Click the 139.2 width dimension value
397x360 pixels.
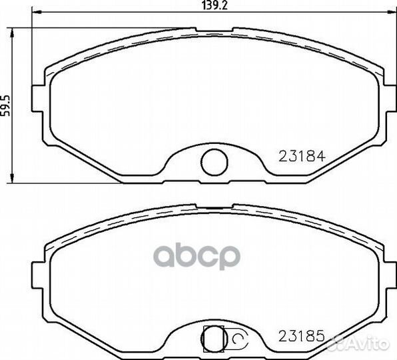[x=215, y=5]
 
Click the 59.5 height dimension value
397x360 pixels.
[x=5, y=105]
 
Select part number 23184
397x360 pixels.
[x=302, y=156]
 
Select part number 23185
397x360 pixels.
[x=302, y=336]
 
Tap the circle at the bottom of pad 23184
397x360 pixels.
[x=214, y=162]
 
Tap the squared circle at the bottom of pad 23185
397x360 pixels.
[x=214, y=338]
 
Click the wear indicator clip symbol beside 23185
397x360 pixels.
[x=238, y=338]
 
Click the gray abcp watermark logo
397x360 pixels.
[x=197, y=256]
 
